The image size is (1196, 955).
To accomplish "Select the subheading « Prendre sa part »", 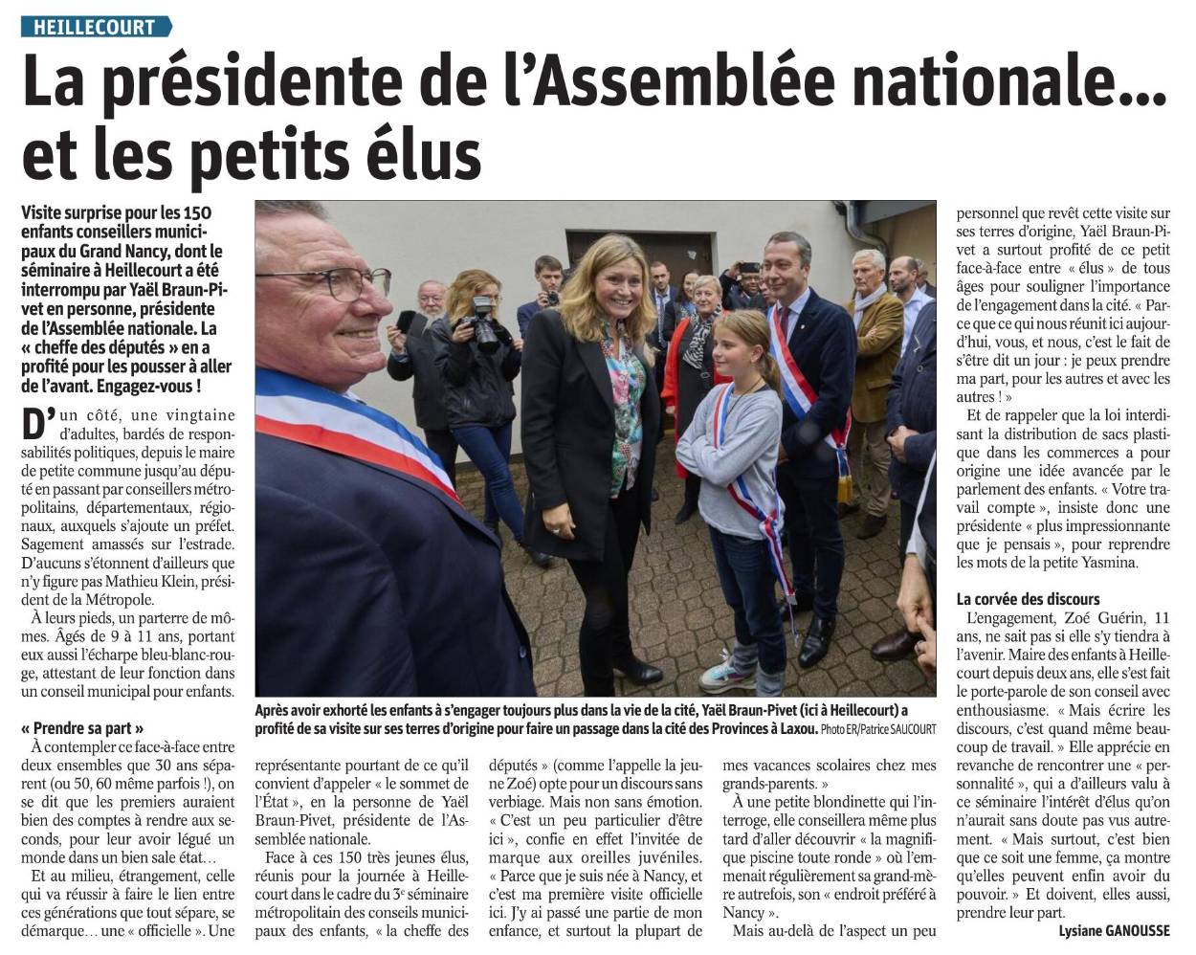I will pos(82,727).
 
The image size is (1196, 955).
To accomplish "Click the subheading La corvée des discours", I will pos(1028,599).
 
